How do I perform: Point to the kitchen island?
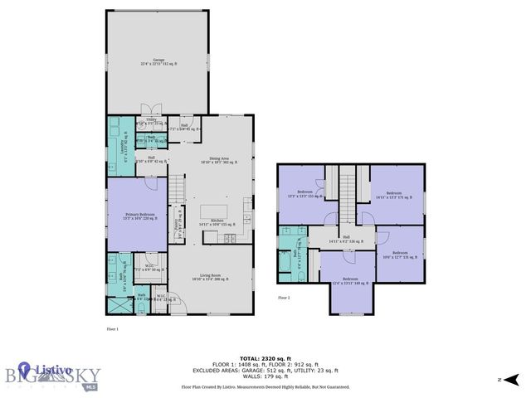tap(217, 210)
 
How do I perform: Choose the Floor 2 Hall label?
tap(347, 240)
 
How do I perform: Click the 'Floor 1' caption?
tap(113, 329)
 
